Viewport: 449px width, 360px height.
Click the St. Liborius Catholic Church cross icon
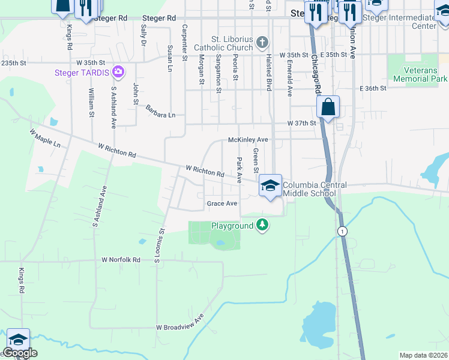point(262,43)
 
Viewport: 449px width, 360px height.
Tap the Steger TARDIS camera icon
point(118,72)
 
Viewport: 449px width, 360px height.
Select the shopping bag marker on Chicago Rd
point(328,109)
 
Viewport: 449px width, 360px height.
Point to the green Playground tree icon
point(262,225)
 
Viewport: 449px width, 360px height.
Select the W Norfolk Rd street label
point(121,260)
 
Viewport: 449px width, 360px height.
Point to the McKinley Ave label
point(248,139)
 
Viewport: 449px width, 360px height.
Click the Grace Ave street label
point(222,203)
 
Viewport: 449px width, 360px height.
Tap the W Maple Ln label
point(45,138)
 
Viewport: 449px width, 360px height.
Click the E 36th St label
point(373,88)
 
